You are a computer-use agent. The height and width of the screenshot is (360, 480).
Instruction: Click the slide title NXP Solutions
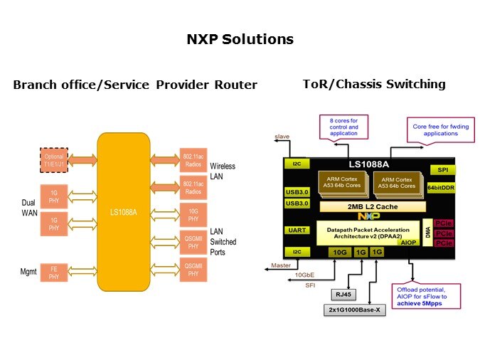(240, 39)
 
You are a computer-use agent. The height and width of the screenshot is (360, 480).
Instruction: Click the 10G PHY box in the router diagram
(193, 214)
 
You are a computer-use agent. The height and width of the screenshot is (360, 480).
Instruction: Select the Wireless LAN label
(222, 171)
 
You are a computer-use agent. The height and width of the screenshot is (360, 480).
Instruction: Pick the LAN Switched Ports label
(223, 242)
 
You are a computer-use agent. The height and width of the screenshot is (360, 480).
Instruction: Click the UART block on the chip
(297, 230)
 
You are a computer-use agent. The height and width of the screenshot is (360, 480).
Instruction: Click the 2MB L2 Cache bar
(368, 206)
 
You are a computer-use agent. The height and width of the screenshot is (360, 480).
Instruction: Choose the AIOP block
(407, 243)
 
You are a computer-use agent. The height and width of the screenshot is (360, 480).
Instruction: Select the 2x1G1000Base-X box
(353, 311)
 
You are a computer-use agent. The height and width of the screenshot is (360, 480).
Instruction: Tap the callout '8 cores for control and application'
(344, 127)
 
